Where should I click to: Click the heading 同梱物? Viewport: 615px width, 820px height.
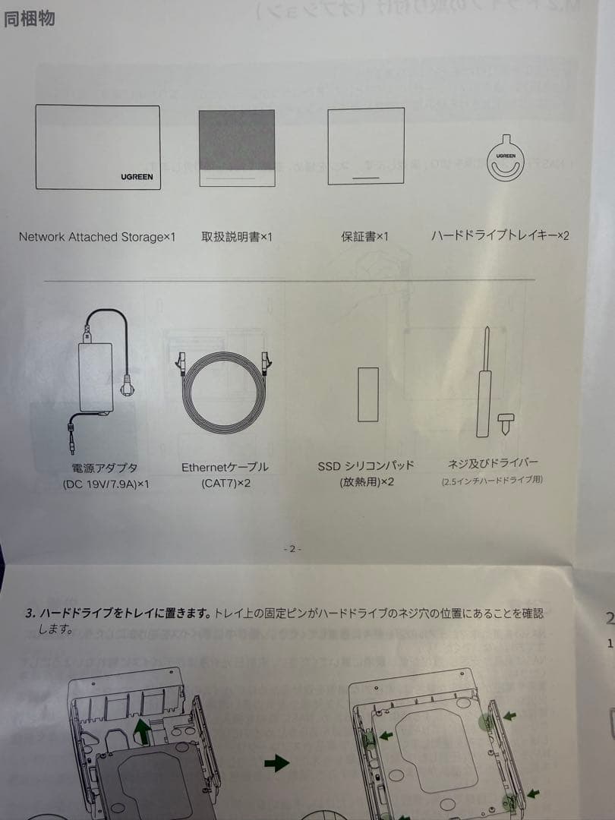[x=30, y=19]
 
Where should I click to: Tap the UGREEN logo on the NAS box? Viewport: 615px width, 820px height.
[x=137, y=176]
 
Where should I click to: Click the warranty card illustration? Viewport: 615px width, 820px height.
[x=365, y=146]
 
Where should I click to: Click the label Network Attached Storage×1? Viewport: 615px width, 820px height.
[x=96, y=237]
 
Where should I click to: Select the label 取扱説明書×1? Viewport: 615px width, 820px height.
[x=236, y=237]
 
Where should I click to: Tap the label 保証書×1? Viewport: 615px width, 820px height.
[x=364, y=237]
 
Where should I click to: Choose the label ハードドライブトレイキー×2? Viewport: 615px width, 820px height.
[x=500, y=236]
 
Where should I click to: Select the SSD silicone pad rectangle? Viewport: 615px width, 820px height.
[x=368, y=394]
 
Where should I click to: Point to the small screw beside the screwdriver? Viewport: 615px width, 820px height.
[x=506, y=421]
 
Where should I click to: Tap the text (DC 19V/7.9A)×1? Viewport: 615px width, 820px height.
[x=106, y=484]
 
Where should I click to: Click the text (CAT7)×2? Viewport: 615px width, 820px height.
[x=225, y=484]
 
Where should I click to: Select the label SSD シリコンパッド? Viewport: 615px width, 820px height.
[x=366, y=465]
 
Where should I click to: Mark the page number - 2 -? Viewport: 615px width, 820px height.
[x=292, y=548]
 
